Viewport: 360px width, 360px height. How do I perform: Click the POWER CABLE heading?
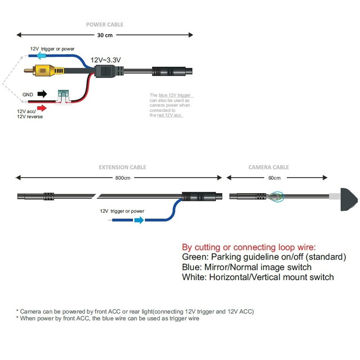(x=105, y=25)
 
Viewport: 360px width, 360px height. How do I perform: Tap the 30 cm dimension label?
(x=105, y=35)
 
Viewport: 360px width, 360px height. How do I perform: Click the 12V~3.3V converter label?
(x=106, y=60)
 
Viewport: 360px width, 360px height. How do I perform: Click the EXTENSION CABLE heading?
(x=122, y=167)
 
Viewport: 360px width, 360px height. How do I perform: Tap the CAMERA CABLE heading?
(x=269, y=167)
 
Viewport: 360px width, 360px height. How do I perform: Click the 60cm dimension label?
(x=274, y=178)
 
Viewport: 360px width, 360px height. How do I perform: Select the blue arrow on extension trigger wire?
(x=139, y=220)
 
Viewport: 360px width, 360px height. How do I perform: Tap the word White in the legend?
(x=193, y=277)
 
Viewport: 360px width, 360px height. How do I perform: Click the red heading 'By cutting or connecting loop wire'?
(x=249, y=247)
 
